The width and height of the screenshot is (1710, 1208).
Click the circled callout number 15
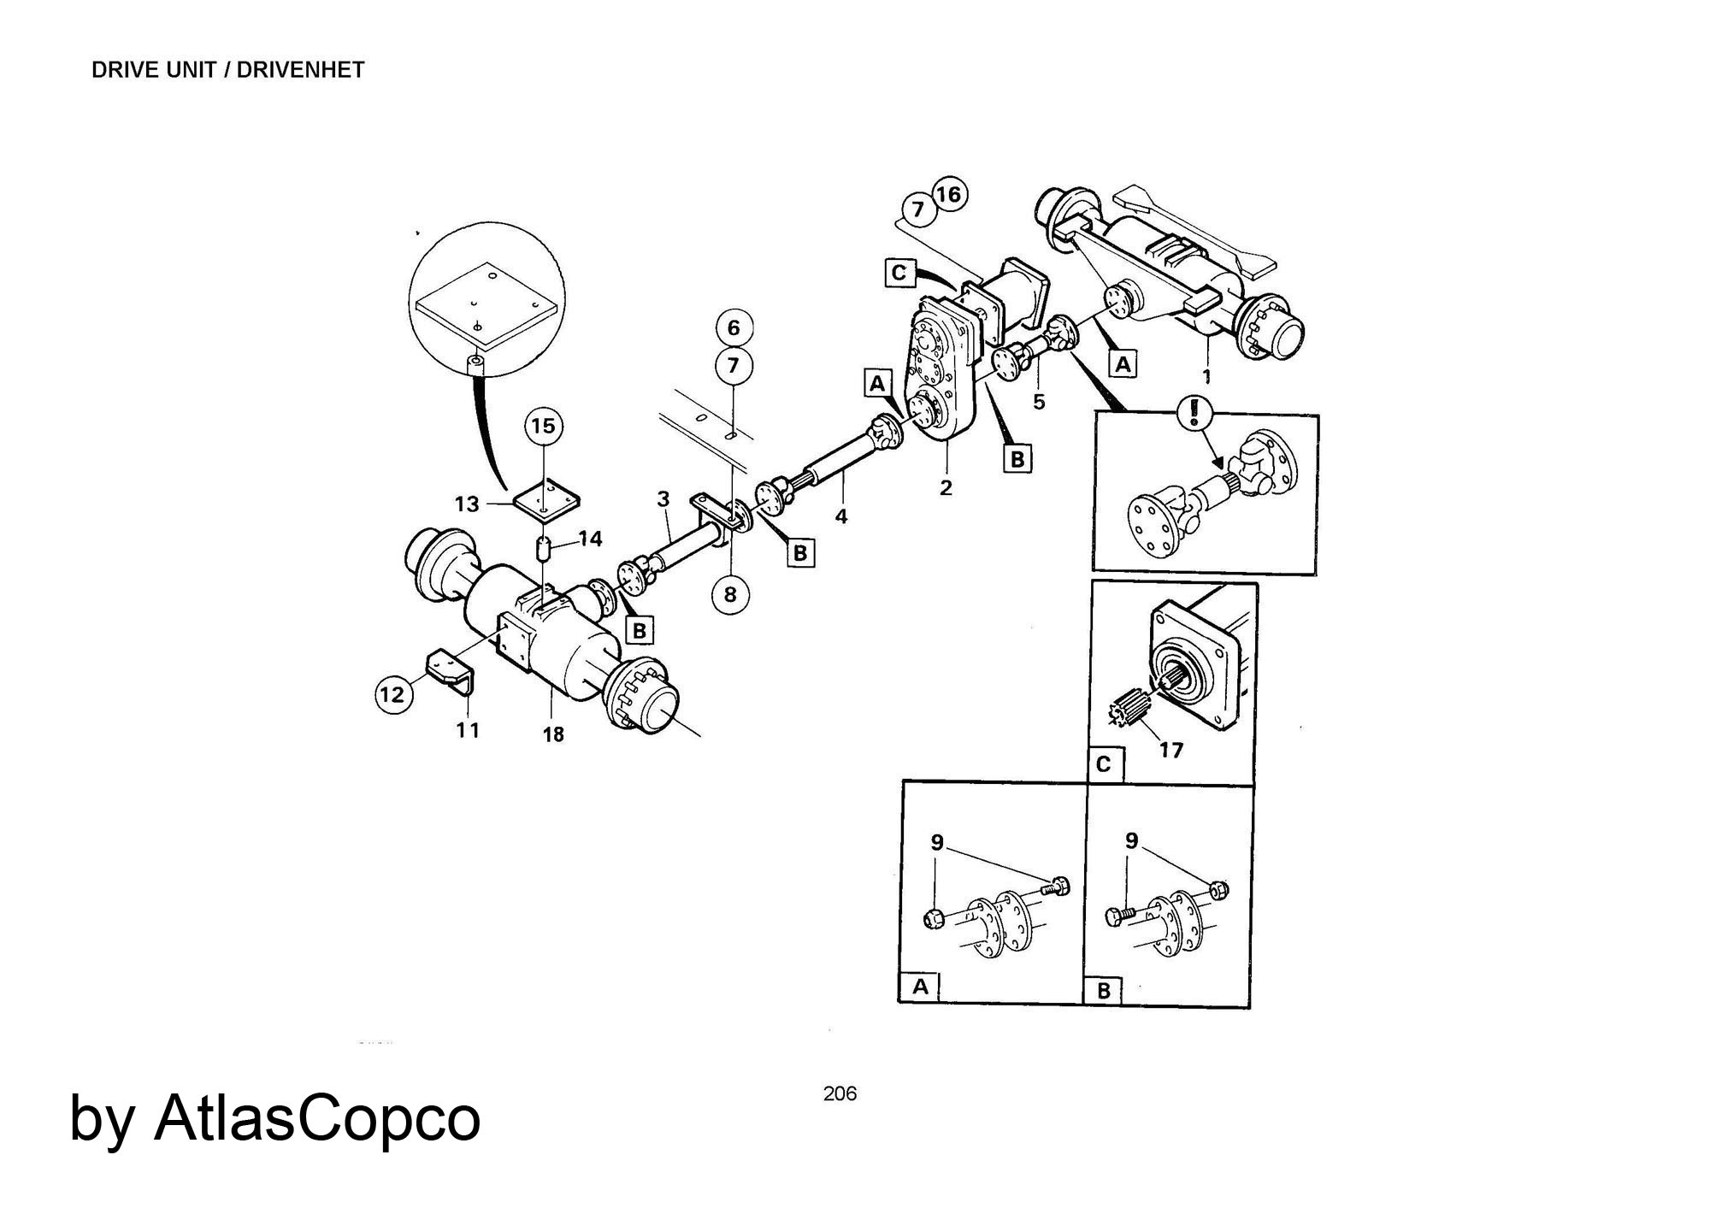pos(544,426)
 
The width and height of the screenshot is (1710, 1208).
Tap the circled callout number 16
pos(948,194)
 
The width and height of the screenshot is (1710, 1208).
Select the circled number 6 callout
pos(733,327)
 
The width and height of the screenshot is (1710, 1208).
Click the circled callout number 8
pos(730,594)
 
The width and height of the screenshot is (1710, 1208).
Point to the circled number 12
pos(393,694)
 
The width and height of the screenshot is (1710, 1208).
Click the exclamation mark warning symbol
pos(1194,413)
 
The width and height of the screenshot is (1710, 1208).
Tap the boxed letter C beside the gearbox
pos(899,273)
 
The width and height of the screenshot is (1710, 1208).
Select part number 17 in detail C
pos(1170,750)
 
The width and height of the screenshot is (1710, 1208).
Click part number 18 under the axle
pos(553,734)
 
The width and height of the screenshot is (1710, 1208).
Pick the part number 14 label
pos(590,539)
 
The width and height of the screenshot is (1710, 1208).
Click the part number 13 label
pos(467,504)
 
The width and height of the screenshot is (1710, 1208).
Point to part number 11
pos(468,730)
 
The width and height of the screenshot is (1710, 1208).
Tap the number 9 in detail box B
pos(1132,841)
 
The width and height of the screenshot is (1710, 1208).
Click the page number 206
pos(840,1093)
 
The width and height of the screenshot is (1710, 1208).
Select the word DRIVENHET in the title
pos(300,70)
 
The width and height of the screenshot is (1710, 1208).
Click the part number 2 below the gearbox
pos(946,488)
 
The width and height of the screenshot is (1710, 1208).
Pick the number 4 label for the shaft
pos(841,516)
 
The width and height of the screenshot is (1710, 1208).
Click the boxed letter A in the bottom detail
pos(920,987)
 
